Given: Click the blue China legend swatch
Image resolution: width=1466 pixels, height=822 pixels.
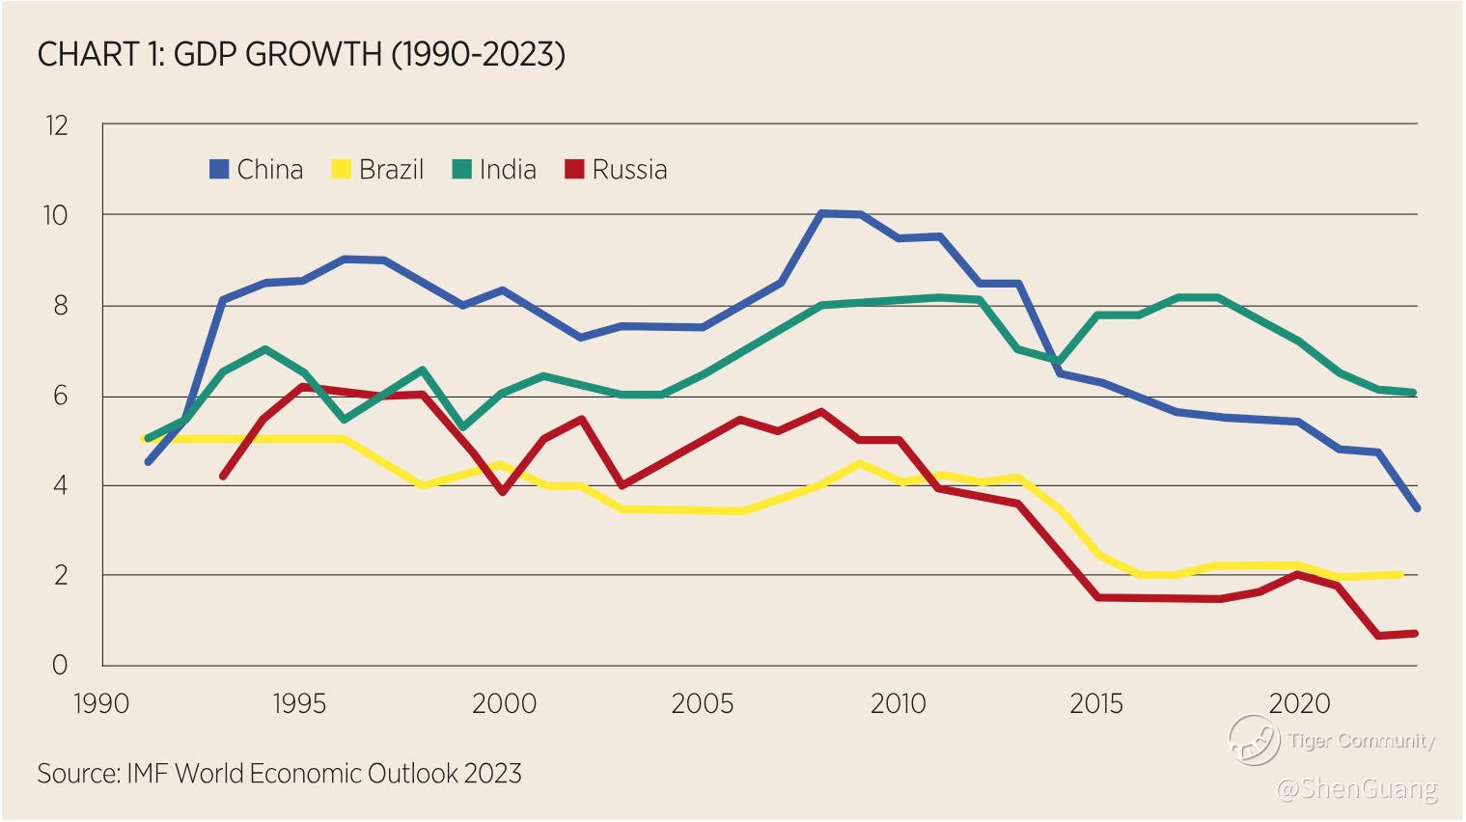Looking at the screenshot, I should [x=219, y=170].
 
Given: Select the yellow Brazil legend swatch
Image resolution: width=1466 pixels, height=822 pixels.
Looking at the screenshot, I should [x=341, y=170].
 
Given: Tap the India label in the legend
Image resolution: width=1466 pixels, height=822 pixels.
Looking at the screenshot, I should [x=508, y=170].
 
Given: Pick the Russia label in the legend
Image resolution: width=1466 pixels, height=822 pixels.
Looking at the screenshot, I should [x=629, y=170].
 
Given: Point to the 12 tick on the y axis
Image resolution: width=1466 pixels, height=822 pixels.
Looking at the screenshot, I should [x=56, y=125].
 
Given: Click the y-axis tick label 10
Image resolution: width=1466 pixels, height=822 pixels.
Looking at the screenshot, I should [x=56, y=215].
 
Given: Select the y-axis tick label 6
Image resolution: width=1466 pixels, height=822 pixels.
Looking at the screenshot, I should [x=60, y=396].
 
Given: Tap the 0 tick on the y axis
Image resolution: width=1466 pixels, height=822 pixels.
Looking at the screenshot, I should [x=60, y=665].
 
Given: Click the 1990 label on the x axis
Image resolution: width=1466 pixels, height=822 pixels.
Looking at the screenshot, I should [x=101, y=704].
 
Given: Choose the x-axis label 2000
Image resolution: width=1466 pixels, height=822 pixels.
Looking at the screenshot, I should [x=504, y=704].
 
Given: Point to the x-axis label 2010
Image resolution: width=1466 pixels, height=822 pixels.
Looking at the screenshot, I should [x=898, y=704].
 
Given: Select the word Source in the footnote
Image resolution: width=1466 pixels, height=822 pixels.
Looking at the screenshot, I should [x=77, y=774].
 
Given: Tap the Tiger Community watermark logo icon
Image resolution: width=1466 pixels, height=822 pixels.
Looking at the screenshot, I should [x=1253, y=741].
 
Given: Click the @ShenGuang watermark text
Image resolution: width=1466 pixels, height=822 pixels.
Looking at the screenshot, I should [x=1356, y=789].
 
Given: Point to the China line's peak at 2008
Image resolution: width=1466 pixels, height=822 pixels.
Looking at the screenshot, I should [x=820, y=213].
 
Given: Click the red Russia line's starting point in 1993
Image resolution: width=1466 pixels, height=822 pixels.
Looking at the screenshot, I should [x=224, y=476].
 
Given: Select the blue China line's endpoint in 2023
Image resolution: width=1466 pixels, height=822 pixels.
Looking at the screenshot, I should [x=1416, y=507].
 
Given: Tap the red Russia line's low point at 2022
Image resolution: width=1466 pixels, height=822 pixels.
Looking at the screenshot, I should [x=1376, y=636].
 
